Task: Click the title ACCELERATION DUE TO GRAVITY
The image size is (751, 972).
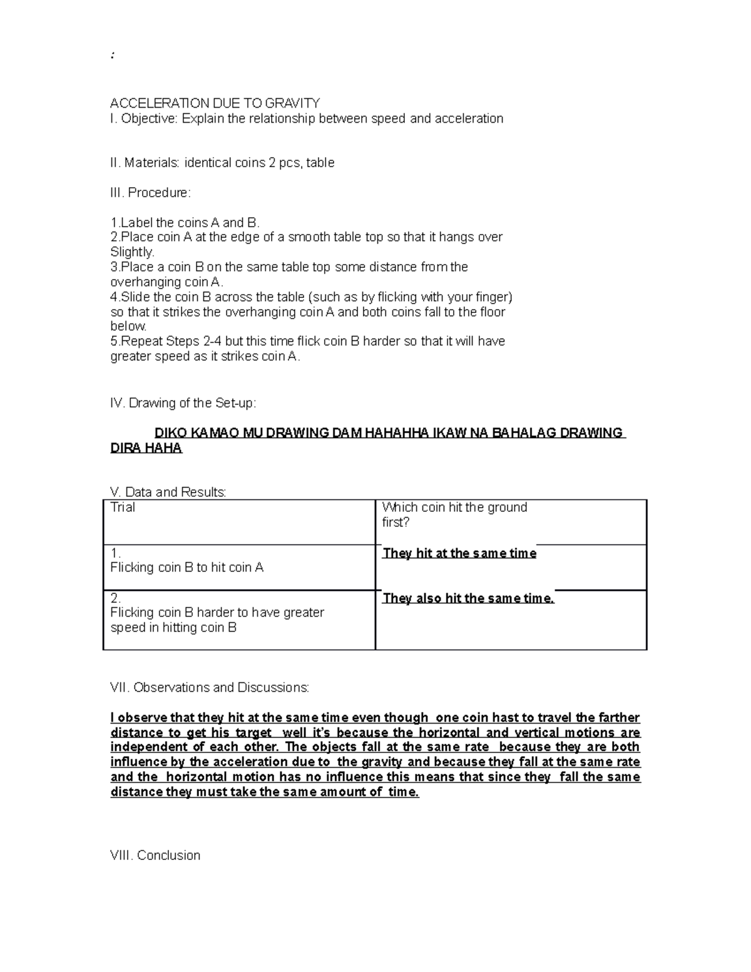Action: (215, 103)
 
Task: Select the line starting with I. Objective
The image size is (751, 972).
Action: (306, 119)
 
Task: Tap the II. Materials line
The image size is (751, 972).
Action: (222, 163)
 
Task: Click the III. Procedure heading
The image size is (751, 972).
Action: (150, 193)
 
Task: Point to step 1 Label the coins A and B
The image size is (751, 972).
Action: (185, 223)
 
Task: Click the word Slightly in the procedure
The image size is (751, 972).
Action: (132, 252)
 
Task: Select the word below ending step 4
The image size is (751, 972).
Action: (128, 326)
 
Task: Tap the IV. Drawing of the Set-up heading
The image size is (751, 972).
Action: (183, 403)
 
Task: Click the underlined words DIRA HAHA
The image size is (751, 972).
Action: (146, 448)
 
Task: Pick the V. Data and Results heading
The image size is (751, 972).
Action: (168, 492)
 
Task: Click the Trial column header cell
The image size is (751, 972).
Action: (123, 508)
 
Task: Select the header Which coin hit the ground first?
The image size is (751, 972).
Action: (454, 514)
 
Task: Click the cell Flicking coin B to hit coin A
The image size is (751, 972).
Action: (186, 568)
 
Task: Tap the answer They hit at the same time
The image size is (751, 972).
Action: (459, 553)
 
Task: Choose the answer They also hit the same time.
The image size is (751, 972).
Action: (468, 598)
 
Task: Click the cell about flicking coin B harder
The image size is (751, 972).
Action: (217, 620)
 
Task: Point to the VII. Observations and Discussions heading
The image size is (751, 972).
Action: (209, 687)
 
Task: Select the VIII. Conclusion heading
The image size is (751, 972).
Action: (155, 855)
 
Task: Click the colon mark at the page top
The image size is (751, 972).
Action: (112, 56)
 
